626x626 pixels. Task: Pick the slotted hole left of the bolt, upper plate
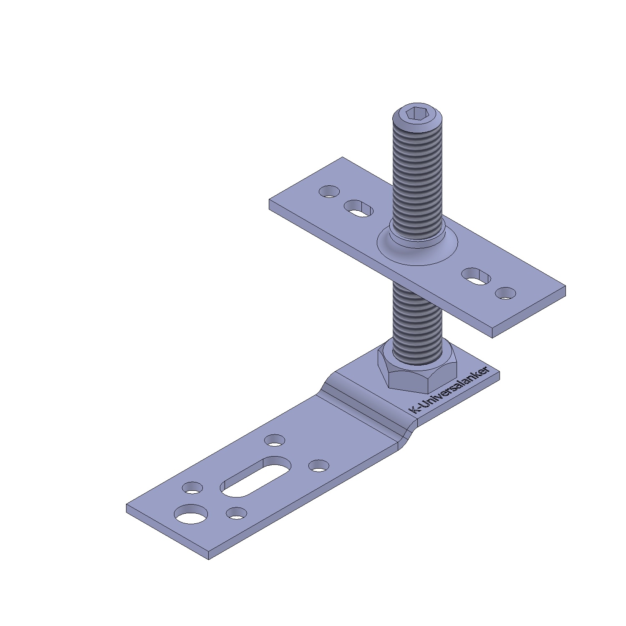click(x=358, y=208)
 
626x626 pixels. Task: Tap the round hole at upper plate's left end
click(x=329, y=192)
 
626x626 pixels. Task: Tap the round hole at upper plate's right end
click(x=505, y=293)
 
